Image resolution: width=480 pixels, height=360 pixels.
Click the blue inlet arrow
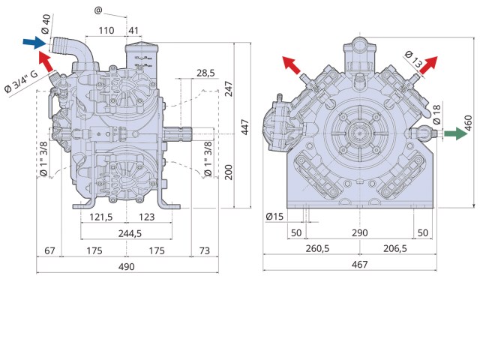click(x=34, y=42)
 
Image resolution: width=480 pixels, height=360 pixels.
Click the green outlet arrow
click(x=455, y=133)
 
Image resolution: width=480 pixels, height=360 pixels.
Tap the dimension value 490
click(x=127, y=267)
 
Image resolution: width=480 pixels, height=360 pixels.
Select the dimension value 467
click(x=359, y=264)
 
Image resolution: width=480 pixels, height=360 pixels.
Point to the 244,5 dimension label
click(x=130, y=233)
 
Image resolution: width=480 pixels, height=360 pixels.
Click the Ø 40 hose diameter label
click(x=45, y=24)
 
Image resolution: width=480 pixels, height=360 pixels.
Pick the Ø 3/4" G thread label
click(x=21, y=81)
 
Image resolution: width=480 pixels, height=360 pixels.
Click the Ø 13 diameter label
click(x=413, y=59)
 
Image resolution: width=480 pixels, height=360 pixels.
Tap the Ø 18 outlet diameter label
click(x=437, y=115)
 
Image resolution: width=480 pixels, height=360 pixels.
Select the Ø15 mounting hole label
click(x=274, y=217)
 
